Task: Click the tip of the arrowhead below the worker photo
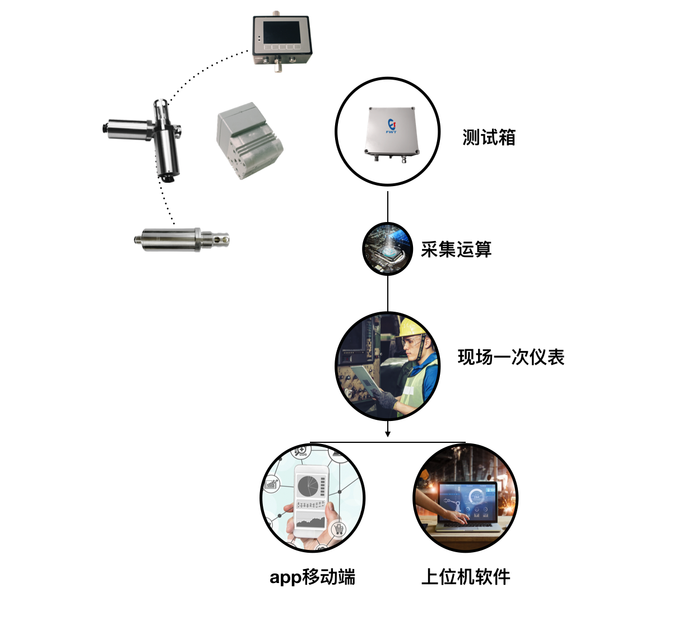point(387,437)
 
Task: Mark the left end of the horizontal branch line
point(310,442)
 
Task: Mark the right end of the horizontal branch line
point(466,442)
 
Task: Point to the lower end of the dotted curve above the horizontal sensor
point(174,224)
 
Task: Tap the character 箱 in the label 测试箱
point(507,137)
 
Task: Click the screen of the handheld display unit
point(281,33)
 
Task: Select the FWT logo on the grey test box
point(391,126)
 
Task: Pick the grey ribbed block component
point(250,141)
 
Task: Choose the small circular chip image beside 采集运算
point(387,249)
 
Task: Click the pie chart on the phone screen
point(308,485)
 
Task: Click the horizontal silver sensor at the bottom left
point(182,239)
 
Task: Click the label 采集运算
point(456,249)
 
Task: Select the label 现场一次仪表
point(511,357)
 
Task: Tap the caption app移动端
point(312,577)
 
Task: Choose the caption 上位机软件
point(466,577)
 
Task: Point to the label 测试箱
point(489,137)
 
